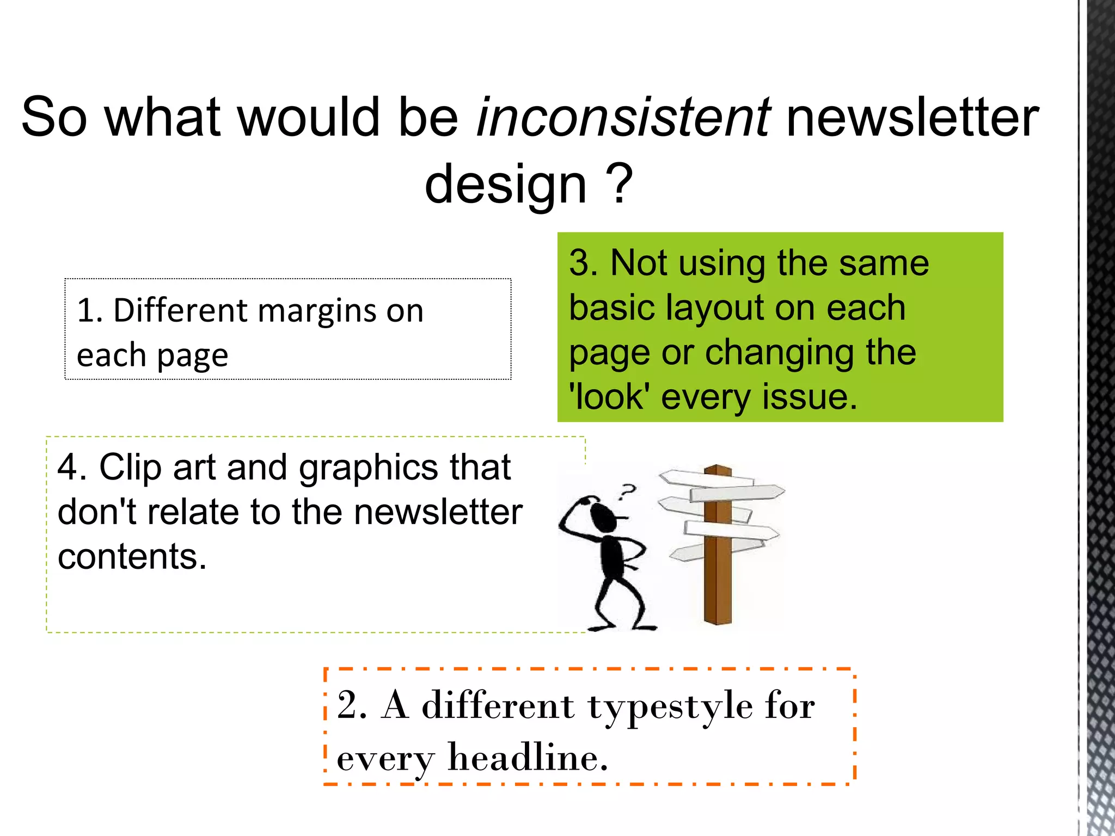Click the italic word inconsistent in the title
click(x=623, y=117)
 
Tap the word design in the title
click(x=506, y=184)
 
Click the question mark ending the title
click(x=620, y=184)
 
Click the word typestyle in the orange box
click(x=670, y=707)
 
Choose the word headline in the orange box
click(x=527, y=758)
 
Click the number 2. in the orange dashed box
click(x=352, y=706)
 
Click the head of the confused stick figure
click(x=603, y=517)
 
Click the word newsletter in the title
click(x=913, y=117)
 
